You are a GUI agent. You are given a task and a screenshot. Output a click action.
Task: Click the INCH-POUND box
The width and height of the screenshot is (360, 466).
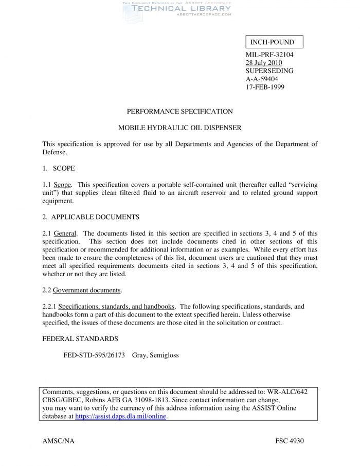coord(273,42)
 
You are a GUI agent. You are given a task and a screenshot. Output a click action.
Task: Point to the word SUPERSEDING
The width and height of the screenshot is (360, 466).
coord(269,71)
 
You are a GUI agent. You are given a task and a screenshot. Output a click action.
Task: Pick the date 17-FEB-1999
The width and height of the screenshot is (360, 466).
coord(265,87)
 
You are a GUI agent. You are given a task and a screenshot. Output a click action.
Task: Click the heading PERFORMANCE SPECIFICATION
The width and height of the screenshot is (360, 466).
coord(179,112)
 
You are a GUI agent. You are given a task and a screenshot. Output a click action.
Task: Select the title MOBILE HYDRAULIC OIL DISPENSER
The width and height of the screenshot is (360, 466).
coord(179,128)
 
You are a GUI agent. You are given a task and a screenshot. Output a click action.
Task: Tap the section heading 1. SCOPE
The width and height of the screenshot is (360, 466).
coord(60,169)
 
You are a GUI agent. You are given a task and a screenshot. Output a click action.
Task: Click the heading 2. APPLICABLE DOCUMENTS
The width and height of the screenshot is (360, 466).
coord(91,217)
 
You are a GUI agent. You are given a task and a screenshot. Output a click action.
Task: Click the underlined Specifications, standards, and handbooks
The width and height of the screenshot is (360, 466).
coord(116,307)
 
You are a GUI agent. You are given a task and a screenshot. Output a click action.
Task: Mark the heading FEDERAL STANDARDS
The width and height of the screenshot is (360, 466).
coord(80,339)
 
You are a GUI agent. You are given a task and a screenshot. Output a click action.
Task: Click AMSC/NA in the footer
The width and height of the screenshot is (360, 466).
coord(58,441)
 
